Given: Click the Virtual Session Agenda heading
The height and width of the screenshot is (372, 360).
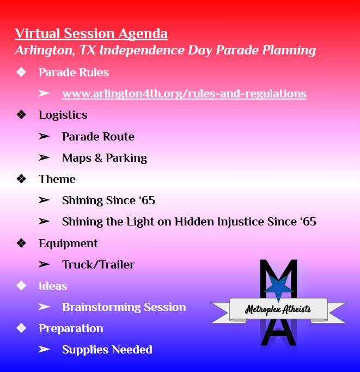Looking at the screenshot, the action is (91, 34).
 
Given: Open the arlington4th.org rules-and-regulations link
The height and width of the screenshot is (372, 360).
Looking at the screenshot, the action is (184, 94).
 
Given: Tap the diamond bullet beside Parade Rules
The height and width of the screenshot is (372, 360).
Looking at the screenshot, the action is (21, 72).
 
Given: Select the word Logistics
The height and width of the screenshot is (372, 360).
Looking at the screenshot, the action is (63, 115).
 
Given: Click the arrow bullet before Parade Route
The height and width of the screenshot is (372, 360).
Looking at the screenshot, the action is (44, 136).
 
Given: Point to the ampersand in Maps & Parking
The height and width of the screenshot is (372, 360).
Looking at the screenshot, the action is (99, 158).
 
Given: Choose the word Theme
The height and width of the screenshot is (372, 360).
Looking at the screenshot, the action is (57, 179).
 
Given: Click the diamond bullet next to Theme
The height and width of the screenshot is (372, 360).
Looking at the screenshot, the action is (21, 179).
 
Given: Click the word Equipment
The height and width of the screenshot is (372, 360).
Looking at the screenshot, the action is (68, 243).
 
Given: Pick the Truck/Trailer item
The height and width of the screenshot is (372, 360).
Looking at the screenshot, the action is (98, 265).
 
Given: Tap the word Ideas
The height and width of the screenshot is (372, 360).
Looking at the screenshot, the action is (53, 286).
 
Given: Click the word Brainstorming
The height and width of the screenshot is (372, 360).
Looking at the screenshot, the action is (101, 307).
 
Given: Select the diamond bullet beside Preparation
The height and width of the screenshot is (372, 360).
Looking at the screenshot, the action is (21, 328).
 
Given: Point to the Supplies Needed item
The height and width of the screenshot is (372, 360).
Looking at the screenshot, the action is (107, 350).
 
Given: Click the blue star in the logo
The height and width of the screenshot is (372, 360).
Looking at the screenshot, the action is (278, 287).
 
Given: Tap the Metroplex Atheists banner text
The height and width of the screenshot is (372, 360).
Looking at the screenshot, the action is (278, 309).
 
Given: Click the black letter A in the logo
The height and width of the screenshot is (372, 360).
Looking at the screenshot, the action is (278, 332).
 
